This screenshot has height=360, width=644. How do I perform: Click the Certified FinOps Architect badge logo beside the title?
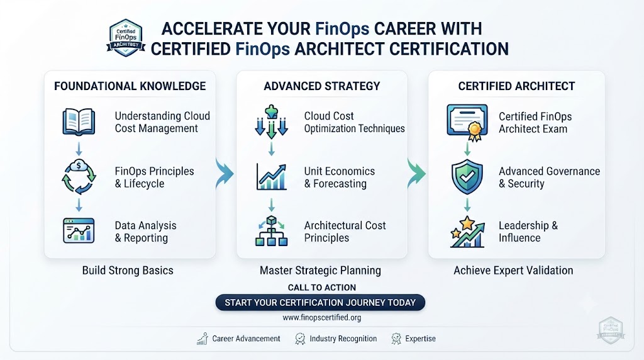[x=126, y=38]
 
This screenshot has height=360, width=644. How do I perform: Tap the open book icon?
[x=79, y=122]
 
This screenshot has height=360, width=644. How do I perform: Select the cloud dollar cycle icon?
[x=79, y=177]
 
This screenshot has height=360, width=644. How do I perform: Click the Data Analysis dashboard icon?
[x=79, y=230]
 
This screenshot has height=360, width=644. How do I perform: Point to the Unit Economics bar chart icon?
[x=271, y=177]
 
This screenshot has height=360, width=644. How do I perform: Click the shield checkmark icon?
[x=467, y=177]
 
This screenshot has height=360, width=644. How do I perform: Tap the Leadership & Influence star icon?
[x=467, y=232]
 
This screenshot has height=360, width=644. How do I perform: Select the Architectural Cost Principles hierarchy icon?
[x=271, y=231]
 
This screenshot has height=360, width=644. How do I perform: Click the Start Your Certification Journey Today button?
[x=320, y=303]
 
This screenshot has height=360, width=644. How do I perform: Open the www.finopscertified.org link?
[x=322, y=317]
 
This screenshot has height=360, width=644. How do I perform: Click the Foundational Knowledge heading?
[x=130, y=86]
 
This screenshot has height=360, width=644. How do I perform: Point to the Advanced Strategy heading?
[x=322, y=86]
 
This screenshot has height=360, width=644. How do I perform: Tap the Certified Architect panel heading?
[x=517, y=86]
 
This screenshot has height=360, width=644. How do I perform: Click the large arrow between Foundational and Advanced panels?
[x=226, y=174]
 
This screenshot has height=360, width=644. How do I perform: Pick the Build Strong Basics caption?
[x=128, y=271]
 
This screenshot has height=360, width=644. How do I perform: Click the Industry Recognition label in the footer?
[x=343, y=339]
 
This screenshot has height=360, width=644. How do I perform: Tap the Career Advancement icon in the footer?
[x=203, y=339]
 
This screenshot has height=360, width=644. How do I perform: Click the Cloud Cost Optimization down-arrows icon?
[x=271, y=121]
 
